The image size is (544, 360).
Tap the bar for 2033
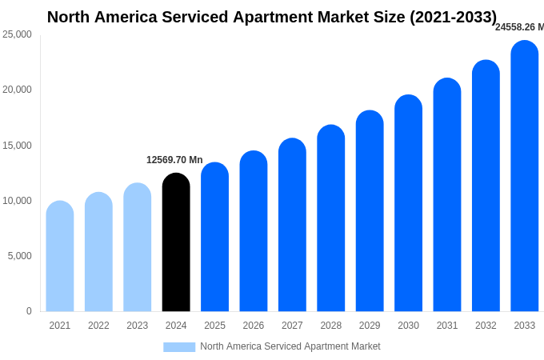point(525,176)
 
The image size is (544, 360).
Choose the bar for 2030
point(408,203)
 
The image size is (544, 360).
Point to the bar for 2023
point(138,247)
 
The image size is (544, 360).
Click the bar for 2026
point(254,231)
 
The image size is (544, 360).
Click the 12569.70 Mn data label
point(174,160)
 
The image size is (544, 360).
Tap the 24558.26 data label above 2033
point(519,27)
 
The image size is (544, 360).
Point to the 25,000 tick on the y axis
point(17,34)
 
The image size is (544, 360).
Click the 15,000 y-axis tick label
point(17,146)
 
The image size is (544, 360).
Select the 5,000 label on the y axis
point(19,256)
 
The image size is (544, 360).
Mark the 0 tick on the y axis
point(29,311)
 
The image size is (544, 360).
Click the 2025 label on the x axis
point(214,326)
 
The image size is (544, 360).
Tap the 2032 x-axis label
point(486,326)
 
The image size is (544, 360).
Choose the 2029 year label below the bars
point(370,326)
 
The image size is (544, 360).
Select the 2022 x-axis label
point(98,326)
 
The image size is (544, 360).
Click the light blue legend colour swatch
point(179,346)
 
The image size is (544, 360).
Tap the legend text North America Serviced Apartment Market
point(290,346)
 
